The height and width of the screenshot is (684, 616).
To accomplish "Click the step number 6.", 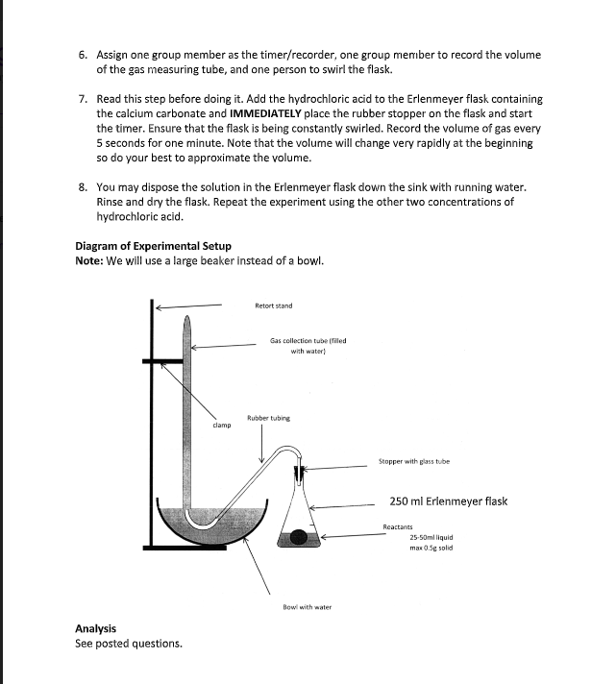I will click(83, 55).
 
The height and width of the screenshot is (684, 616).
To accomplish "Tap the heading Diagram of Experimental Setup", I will click(153, 246).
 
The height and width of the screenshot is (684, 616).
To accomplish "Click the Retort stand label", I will click(274, 305).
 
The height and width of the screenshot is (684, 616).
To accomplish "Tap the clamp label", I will click(221, 424).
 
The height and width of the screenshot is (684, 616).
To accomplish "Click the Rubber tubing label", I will click(268, 418).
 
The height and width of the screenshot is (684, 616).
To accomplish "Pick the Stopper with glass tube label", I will click(413, 462).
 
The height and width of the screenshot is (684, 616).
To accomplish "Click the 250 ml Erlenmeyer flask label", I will click(448, 501).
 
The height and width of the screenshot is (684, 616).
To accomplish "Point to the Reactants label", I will click(398, 526).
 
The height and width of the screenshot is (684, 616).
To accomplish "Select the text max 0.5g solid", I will click(431, 548).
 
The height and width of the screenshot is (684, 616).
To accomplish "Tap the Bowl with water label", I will click(308, 607).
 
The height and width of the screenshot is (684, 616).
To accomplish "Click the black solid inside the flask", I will click(299, 538).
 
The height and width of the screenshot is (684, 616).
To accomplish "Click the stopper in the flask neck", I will click(301, 473).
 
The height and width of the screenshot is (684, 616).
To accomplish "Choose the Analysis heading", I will click(95, 628).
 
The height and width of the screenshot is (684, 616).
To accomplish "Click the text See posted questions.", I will click(128, 644).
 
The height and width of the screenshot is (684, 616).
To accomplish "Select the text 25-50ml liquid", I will click(431, 537).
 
